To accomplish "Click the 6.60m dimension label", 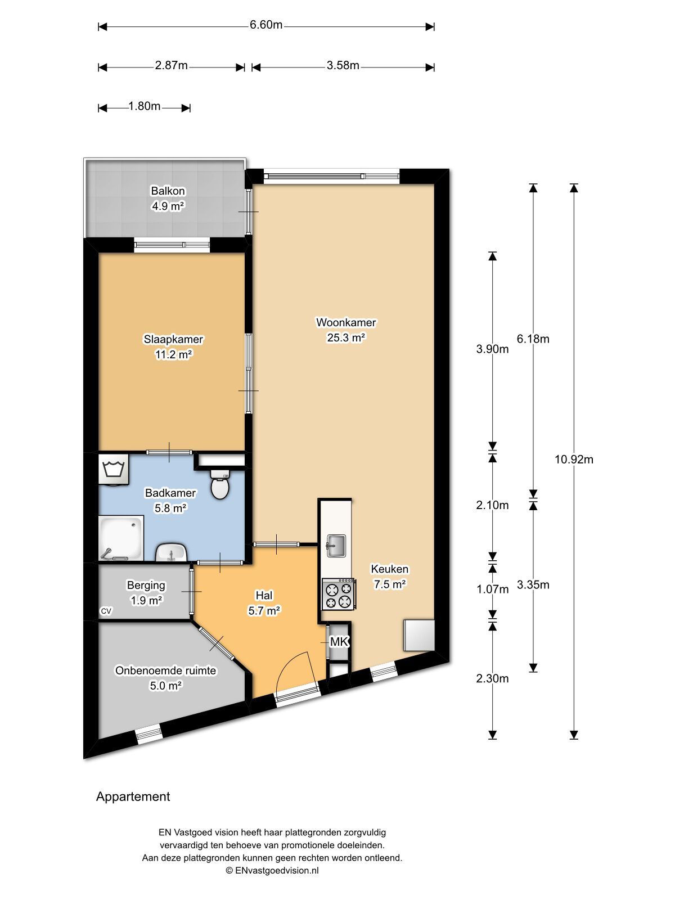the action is click(x=266, y=25).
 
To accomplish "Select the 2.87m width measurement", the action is click(x=171, y=65).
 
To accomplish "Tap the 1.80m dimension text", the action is click(x=144, y=106).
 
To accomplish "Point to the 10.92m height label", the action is click(x=574, y=460).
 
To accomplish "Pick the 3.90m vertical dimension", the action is click(x=492, y=349).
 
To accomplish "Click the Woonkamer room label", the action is click(x=346, y=322).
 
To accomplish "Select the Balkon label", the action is click(x=168, y=191).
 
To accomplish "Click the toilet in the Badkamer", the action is click(x=220, y=485).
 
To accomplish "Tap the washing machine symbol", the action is click(x=114, y=470).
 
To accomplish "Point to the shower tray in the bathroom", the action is click(x=121, y=538).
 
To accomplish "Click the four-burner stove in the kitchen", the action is click(x=339, y=593).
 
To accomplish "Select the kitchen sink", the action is click(x=336, y=546).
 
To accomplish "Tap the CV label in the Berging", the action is click(x=106, y=611).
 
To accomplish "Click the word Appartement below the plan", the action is click(x=133, y=796).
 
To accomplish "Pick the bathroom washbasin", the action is click(x=172, y=552).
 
